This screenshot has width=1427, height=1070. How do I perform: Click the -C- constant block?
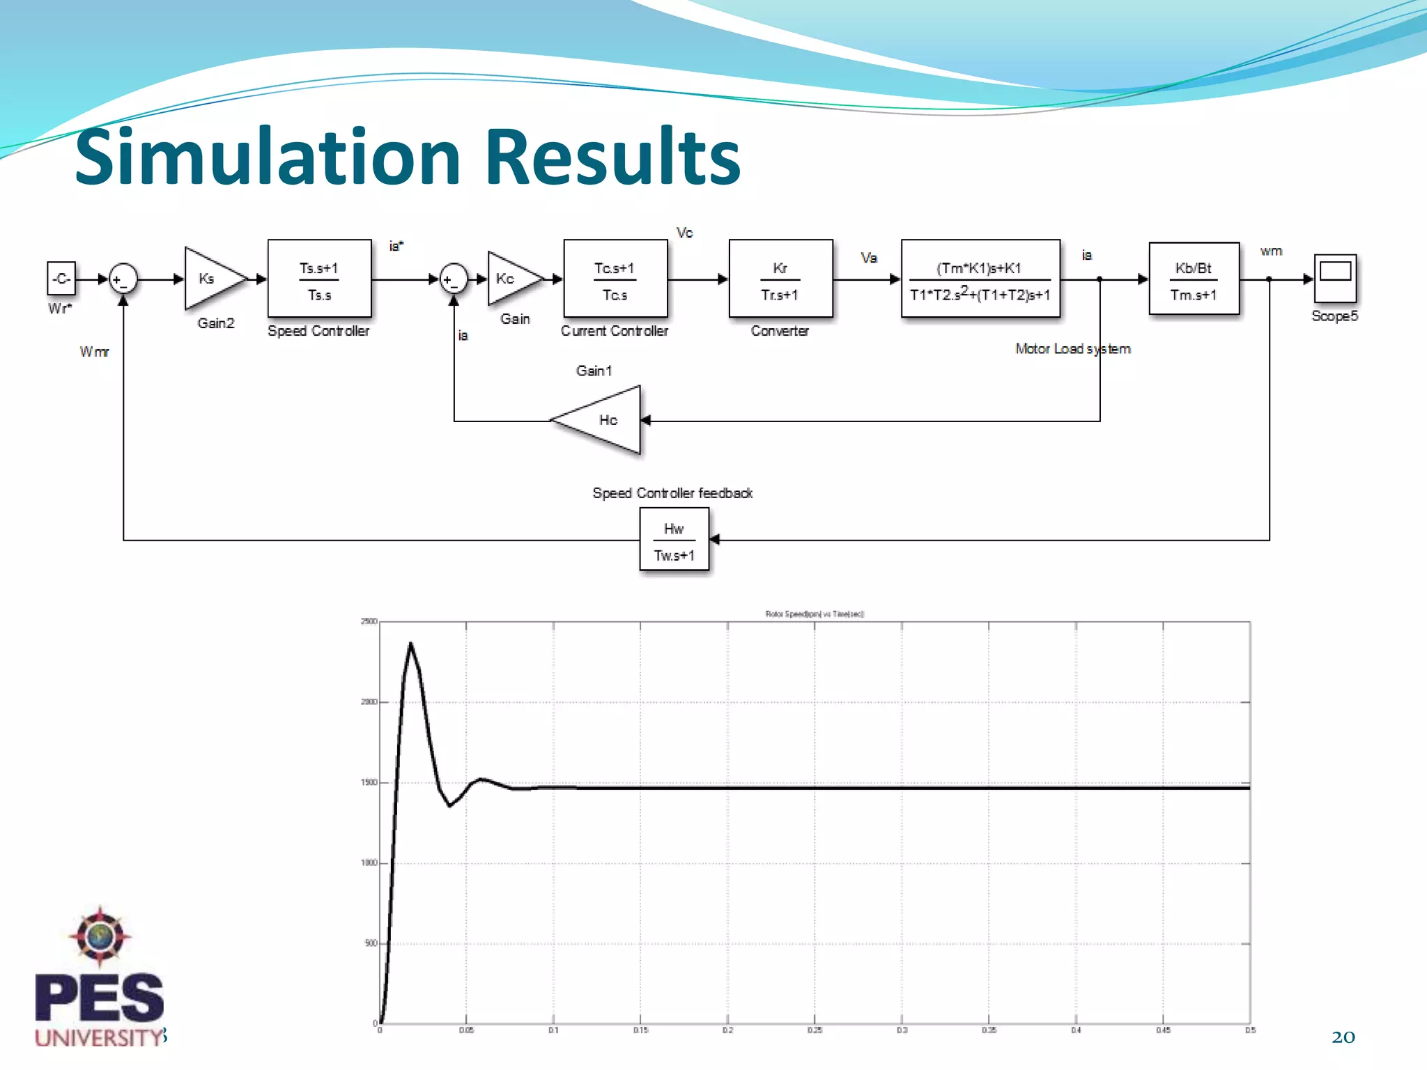61,279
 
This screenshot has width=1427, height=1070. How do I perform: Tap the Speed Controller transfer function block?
319,279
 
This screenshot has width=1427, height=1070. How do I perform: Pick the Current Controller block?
615,279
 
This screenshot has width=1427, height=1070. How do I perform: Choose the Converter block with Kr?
780,279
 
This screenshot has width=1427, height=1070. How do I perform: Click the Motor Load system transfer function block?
980,279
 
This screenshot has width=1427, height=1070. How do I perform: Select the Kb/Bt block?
1194,279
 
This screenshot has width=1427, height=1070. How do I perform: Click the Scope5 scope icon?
1335,277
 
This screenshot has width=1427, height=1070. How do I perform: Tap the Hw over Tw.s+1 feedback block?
674,540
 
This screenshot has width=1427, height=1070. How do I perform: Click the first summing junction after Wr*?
123,279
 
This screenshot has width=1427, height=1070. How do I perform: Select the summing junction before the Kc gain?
454,279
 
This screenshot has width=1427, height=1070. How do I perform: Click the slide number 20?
1343,1037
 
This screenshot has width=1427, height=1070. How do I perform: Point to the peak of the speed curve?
410,643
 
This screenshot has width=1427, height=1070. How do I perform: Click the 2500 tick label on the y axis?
369,621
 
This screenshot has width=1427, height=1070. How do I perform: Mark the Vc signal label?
684,233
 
